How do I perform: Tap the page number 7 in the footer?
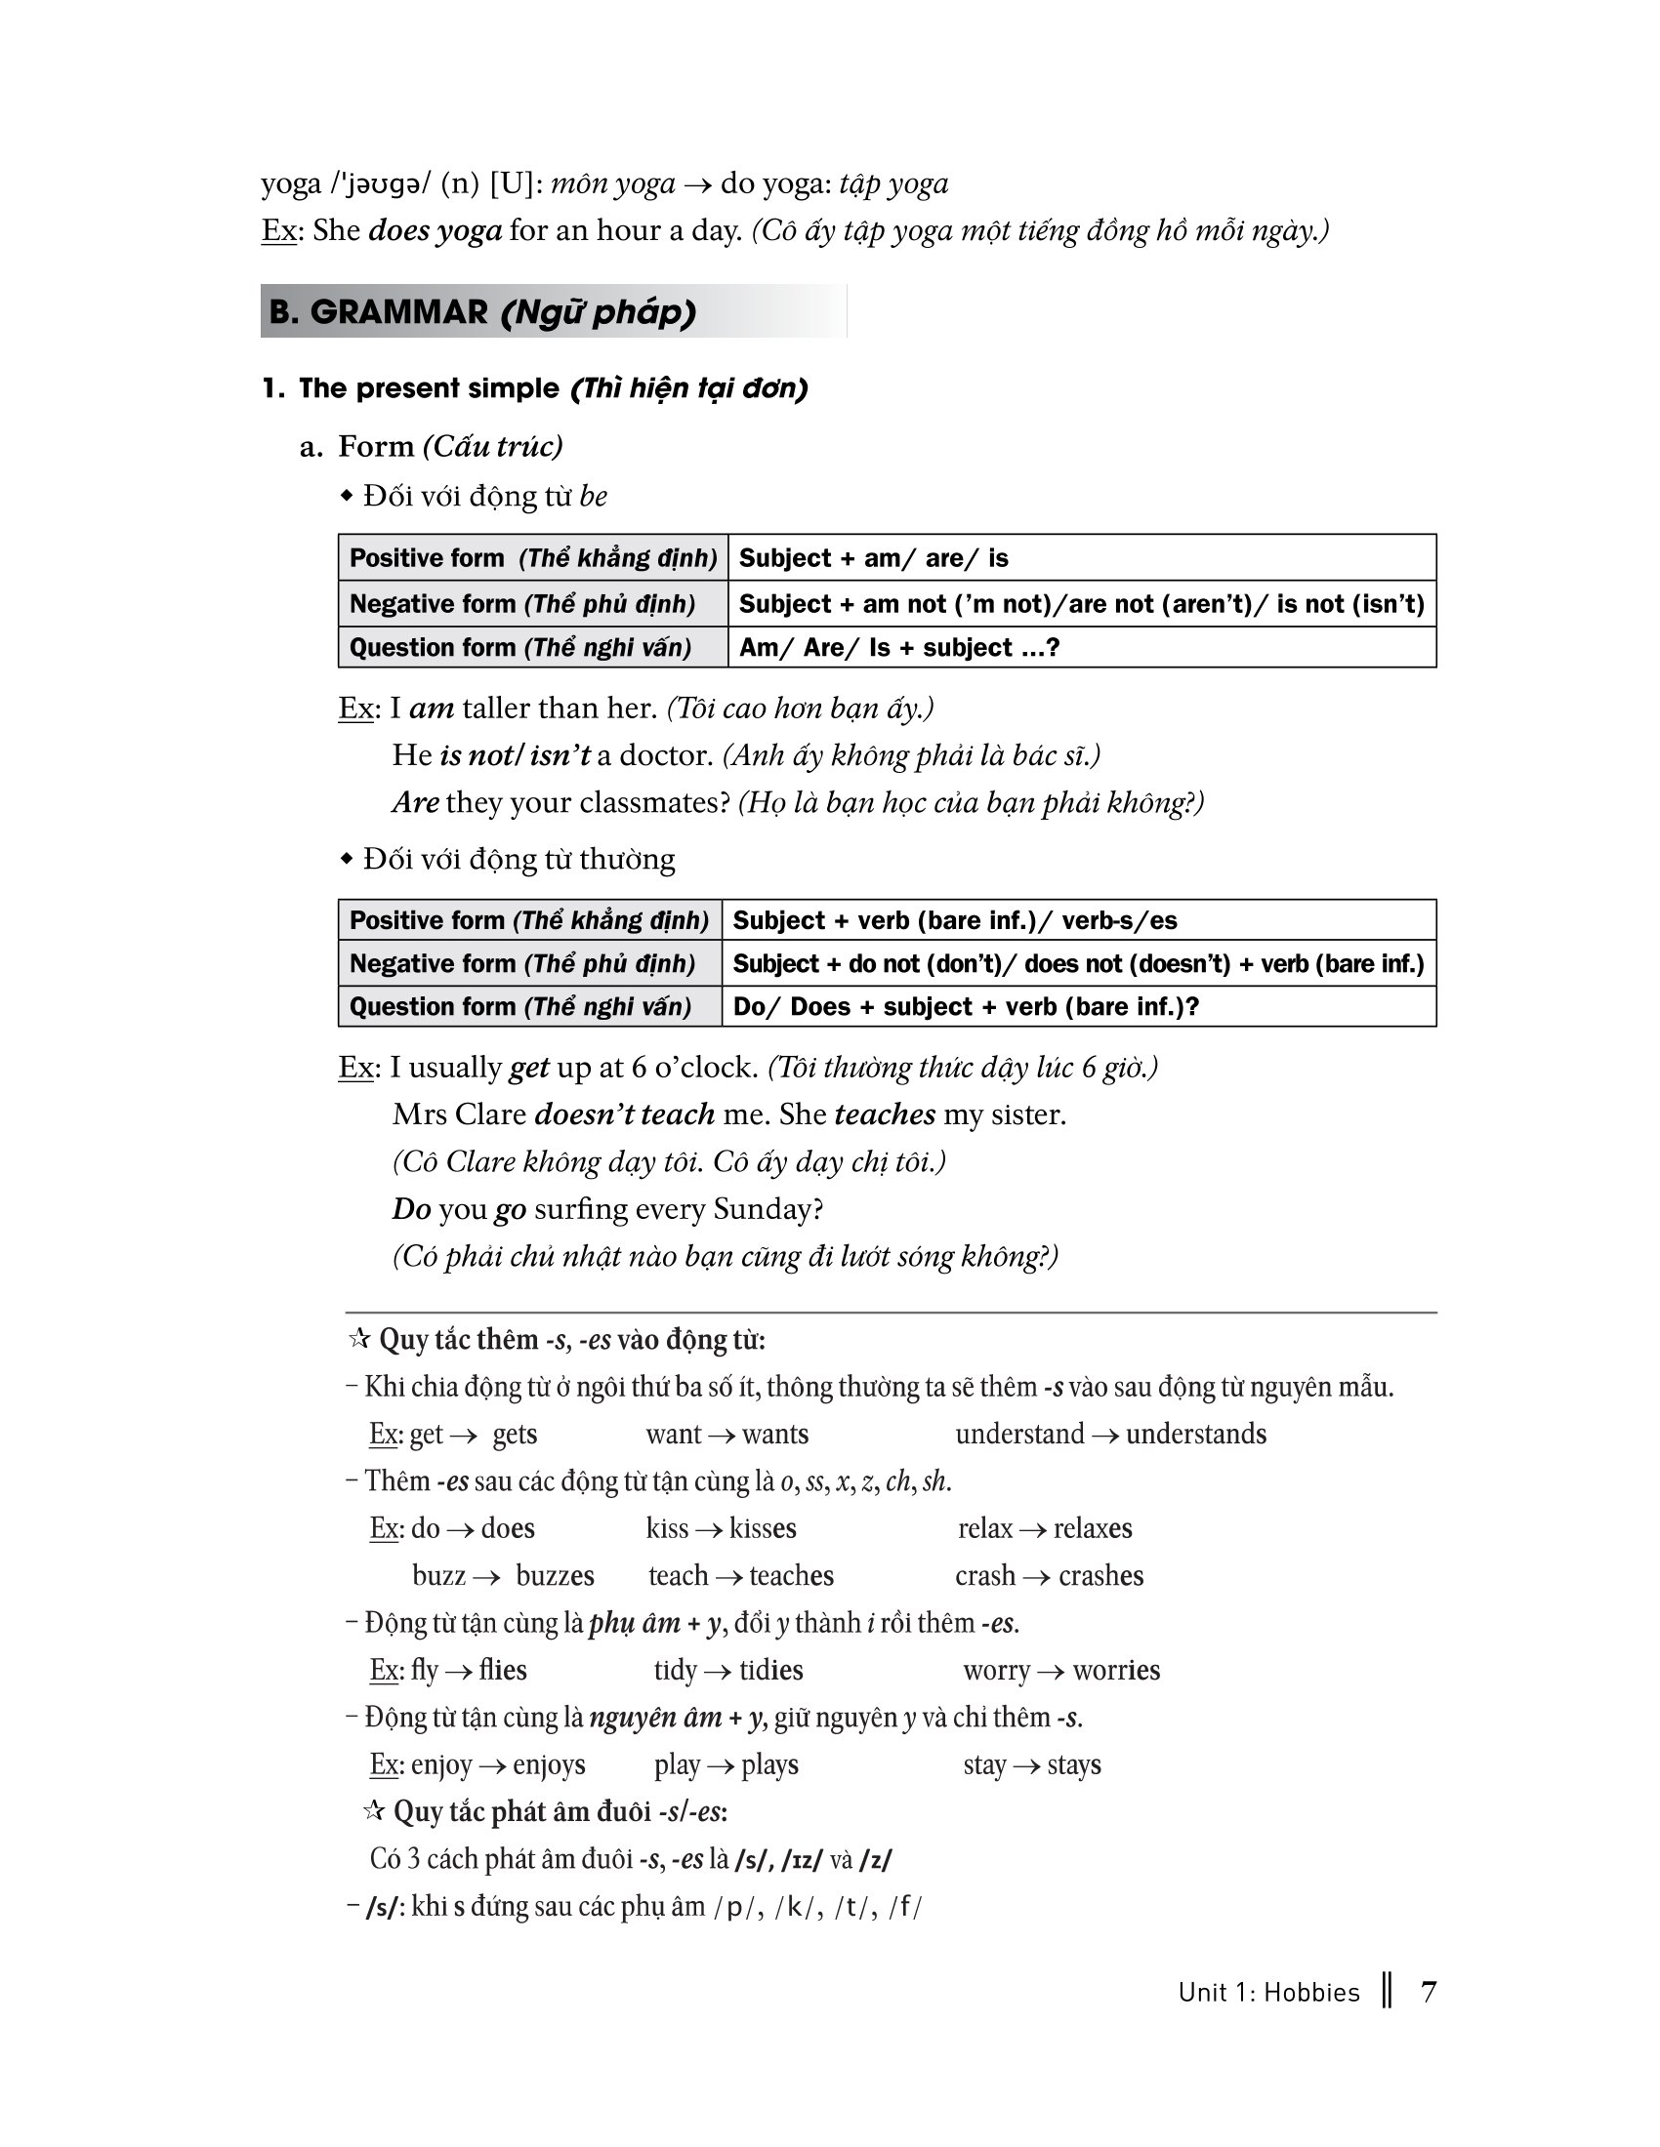(1429, 1992)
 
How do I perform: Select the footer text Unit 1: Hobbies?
(1268, 1993)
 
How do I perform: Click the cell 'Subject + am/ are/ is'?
(873, 558)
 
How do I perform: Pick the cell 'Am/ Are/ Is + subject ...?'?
(898, 648)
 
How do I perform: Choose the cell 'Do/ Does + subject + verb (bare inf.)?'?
(966, 1007)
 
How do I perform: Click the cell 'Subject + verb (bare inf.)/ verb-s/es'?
(955, 920)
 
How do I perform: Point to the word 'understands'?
(1196, 1435)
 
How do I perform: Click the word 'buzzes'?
(555, 1576)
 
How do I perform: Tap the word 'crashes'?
(1100, 1576)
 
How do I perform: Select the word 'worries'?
(1116, 1670)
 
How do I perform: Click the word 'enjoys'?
(549, 1764)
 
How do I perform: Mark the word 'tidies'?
(771, 1670)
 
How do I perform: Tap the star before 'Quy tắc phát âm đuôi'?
(373, 1809)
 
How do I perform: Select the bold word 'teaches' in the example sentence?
(884, 1114)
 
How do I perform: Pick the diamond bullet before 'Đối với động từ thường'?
(347, 859)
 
